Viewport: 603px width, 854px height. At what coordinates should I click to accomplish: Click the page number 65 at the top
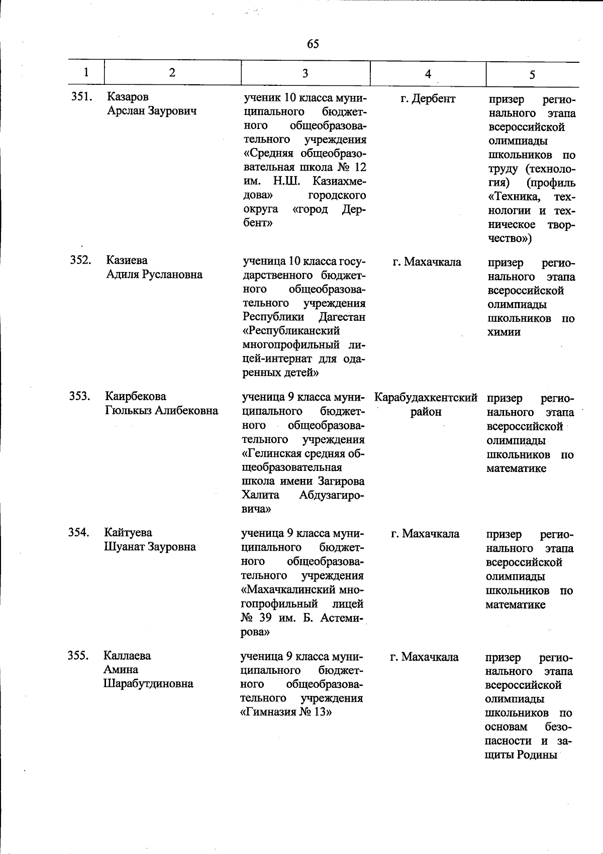point(313,44)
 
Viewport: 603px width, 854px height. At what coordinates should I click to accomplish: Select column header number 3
point(305,73)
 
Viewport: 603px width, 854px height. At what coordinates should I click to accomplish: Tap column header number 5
point(532,75)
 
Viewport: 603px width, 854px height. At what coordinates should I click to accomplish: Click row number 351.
point(81,97)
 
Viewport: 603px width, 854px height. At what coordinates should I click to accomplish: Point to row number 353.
point(79,396)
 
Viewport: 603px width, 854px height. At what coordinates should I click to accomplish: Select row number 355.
point(78,656)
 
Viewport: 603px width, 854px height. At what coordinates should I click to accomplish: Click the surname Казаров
point(128,97)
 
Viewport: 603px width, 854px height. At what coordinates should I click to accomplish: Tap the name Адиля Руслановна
point(154,275)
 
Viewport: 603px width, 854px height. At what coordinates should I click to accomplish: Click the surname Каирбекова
point(136,397)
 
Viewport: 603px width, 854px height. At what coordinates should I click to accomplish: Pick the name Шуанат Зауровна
point(150,547)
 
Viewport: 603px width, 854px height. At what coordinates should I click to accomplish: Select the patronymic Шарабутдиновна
point(148,684)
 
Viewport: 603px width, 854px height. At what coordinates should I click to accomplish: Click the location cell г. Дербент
point(428,99)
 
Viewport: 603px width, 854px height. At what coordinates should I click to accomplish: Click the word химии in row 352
point(504,332)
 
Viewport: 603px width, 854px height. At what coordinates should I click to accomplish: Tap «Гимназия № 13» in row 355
point(287,712)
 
